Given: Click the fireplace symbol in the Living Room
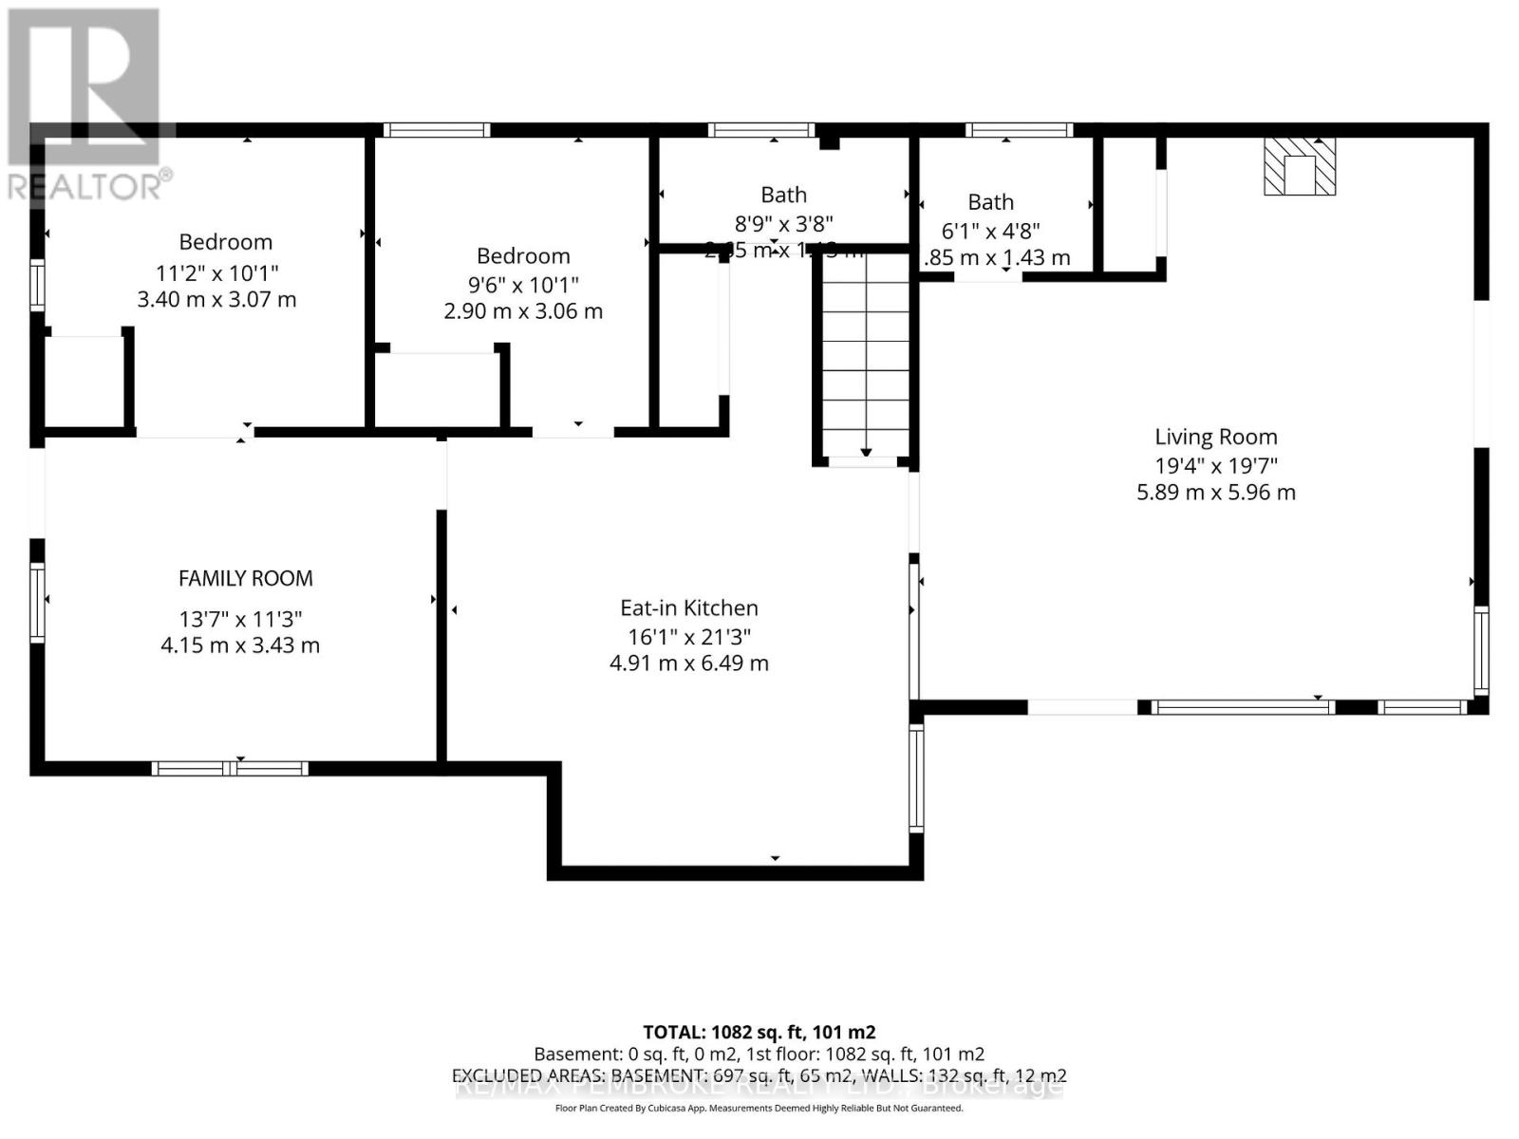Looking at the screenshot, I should [1300, 167].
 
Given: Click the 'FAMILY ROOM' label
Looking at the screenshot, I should [246, 578].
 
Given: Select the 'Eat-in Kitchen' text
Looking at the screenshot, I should [689, 608].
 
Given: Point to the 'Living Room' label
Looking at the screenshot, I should [1216, 437].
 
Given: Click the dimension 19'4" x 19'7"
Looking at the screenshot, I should [1216, 465].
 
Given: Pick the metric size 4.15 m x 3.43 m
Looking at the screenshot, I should [240, 645].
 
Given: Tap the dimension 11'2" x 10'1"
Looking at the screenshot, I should [217, 273].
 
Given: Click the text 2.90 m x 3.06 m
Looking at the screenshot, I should [523, 311].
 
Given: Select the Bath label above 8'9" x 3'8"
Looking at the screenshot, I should [784, 195].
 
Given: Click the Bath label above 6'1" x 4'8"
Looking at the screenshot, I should [991, 202].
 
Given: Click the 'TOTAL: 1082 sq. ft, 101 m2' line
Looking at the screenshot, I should [759, 1032].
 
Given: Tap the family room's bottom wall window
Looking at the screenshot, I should [230, 768].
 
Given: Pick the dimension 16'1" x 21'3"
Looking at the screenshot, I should [689, 637].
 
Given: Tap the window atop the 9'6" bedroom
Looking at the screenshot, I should [437, 130].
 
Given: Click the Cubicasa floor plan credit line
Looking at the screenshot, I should [759, 1109].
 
